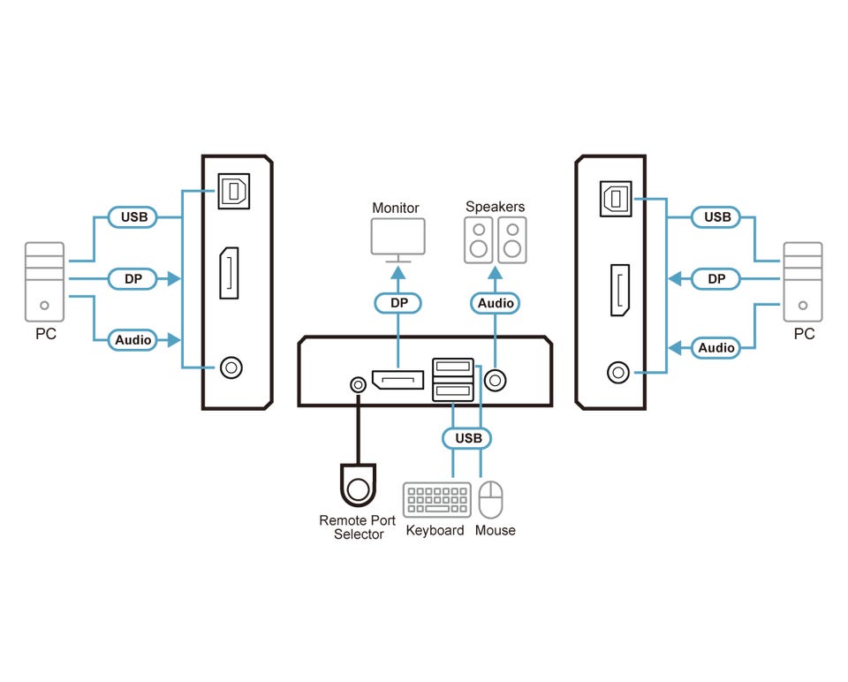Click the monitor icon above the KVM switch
pos(397,238)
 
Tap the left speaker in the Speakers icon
pos(479,241)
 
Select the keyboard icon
pos(437,500)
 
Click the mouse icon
pos(490,499)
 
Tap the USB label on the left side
pos(132,216)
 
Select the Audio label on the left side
pos(132,339)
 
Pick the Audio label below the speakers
pos(496,303)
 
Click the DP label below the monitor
pos(397,303)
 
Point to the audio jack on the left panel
pos(231,367)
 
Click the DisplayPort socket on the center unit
pos(397,381)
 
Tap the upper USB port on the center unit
pos(453,366)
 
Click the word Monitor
pos(396,208)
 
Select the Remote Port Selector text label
pos(358,527)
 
